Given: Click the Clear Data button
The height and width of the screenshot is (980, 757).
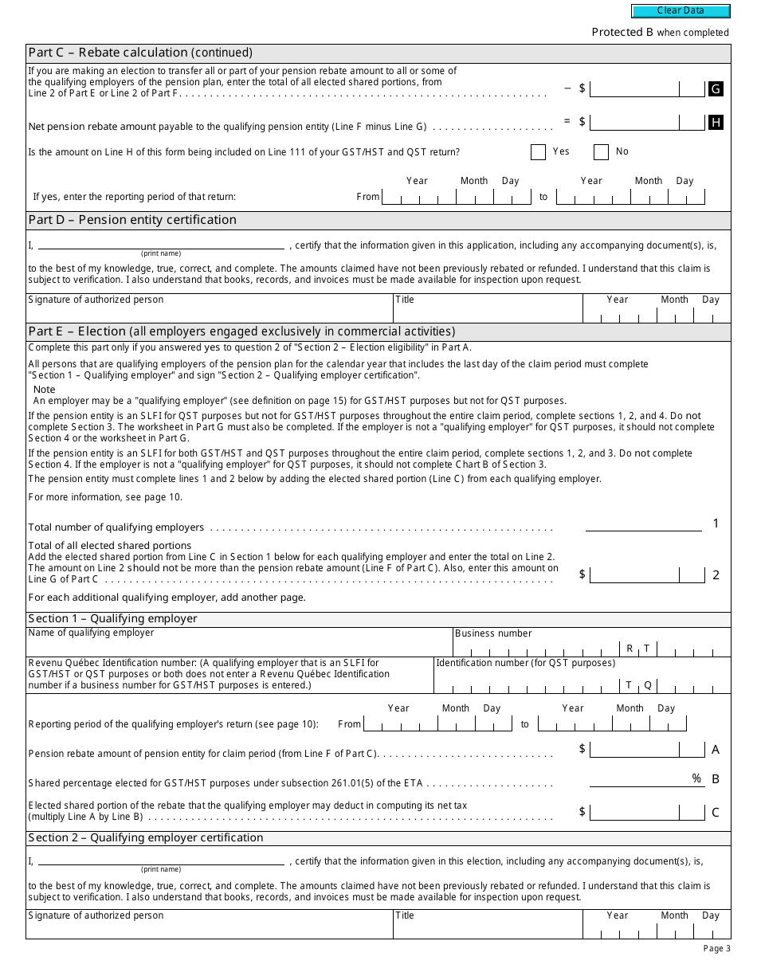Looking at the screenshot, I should [681, 11].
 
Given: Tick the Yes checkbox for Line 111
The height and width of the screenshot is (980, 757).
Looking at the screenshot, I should [538, 152].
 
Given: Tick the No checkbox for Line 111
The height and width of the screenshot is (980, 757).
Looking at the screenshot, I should [601, 152].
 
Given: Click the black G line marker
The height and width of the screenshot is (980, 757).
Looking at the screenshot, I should [716, 89].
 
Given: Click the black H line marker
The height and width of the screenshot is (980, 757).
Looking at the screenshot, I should [716, 122].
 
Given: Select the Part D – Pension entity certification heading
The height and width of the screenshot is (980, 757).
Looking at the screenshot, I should [132, 220].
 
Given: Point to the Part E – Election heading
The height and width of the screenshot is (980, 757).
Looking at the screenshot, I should [241, 331].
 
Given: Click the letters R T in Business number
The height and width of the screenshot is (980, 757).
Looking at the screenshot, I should [638, 649].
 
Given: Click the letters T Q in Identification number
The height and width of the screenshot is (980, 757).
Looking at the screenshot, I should [638, 685].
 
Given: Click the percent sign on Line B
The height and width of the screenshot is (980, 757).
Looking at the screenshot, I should [696, 778].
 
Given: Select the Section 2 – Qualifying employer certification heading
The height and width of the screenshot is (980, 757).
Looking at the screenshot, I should [146, 838].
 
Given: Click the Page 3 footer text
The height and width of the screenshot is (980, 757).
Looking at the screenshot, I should [716, 948].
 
